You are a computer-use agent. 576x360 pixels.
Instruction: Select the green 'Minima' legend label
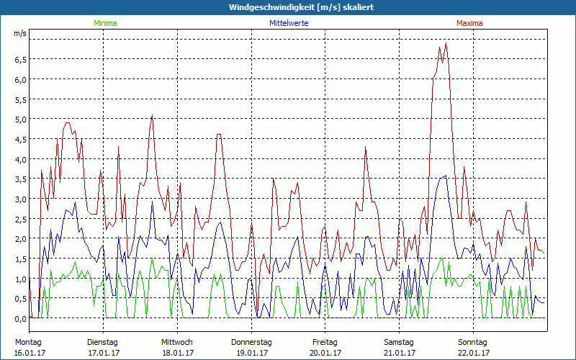(104, 23)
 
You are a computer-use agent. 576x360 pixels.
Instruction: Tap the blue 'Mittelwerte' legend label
(289, 23)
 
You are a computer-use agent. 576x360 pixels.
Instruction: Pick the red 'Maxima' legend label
(469, 23)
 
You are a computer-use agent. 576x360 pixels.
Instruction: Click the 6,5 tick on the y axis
(20, 59)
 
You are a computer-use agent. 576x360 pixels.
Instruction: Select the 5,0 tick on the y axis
(20, 119)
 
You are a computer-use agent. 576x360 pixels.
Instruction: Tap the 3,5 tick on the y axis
(20, 179)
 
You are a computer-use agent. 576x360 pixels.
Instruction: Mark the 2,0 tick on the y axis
(20, 238)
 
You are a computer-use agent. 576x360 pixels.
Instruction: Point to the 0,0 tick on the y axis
(20, 318)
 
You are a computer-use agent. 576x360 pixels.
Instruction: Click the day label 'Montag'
(28, 342)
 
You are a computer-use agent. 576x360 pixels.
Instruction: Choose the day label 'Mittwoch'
(177, 342)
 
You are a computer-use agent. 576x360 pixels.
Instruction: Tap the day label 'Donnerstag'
(251, 342)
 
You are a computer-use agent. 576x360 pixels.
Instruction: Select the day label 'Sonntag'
(473, 342)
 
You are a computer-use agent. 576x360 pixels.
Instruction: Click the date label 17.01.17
(104, 353)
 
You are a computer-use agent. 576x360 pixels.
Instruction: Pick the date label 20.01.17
(325, 353)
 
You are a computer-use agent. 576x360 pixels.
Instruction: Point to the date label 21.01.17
(399, 353)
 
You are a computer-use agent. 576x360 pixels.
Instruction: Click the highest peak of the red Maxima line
(446, 44)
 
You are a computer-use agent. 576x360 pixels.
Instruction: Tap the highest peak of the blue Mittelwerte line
(446, 176)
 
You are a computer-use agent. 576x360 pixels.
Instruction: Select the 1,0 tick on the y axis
(20, 279)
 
